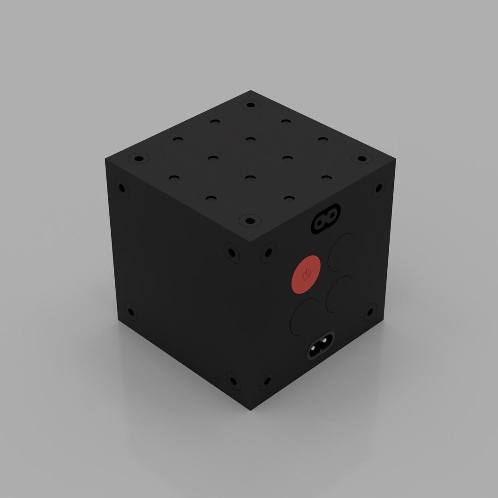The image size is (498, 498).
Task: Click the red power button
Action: pyautogui.click(x=306, y=274)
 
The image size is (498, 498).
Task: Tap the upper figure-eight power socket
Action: pyautogui.click(x=326, y=219)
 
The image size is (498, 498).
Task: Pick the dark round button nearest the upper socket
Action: pyautogui.click(x=342, y=252)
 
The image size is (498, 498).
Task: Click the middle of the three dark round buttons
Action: pyautogui.click(x=340, y=294)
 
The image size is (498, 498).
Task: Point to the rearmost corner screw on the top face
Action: pyautogui.click(x=250, y=105)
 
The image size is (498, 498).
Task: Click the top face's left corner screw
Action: pyautogui.click(x=139, y=159)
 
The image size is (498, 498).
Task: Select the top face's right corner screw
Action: pyautogui.click(x=362, y=159)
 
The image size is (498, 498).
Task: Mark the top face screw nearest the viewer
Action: pyautogui.click(x=249, y=221)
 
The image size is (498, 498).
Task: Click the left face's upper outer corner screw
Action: pyautogui.click(x=122, y=188)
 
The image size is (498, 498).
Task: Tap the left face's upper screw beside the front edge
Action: pyautogui.click(x=231, y=253)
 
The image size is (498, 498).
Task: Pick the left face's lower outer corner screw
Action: pyautogui.click(x=130, y=313)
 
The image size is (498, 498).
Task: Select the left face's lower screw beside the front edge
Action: pyautogui.click(x=233, y=381)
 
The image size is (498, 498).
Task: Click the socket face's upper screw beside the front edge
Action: pyautogui.click(x=268, y=253)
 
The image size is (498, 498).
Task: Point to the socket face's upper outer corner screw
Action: pyautogui.click(x=379, y=188)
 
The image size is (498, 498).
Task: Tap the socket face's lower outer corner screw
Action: pyautogui.click(x=370, y=312)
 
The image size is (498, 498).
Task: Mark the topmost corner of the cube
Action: pyautogui.click(x=251, y=90)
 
